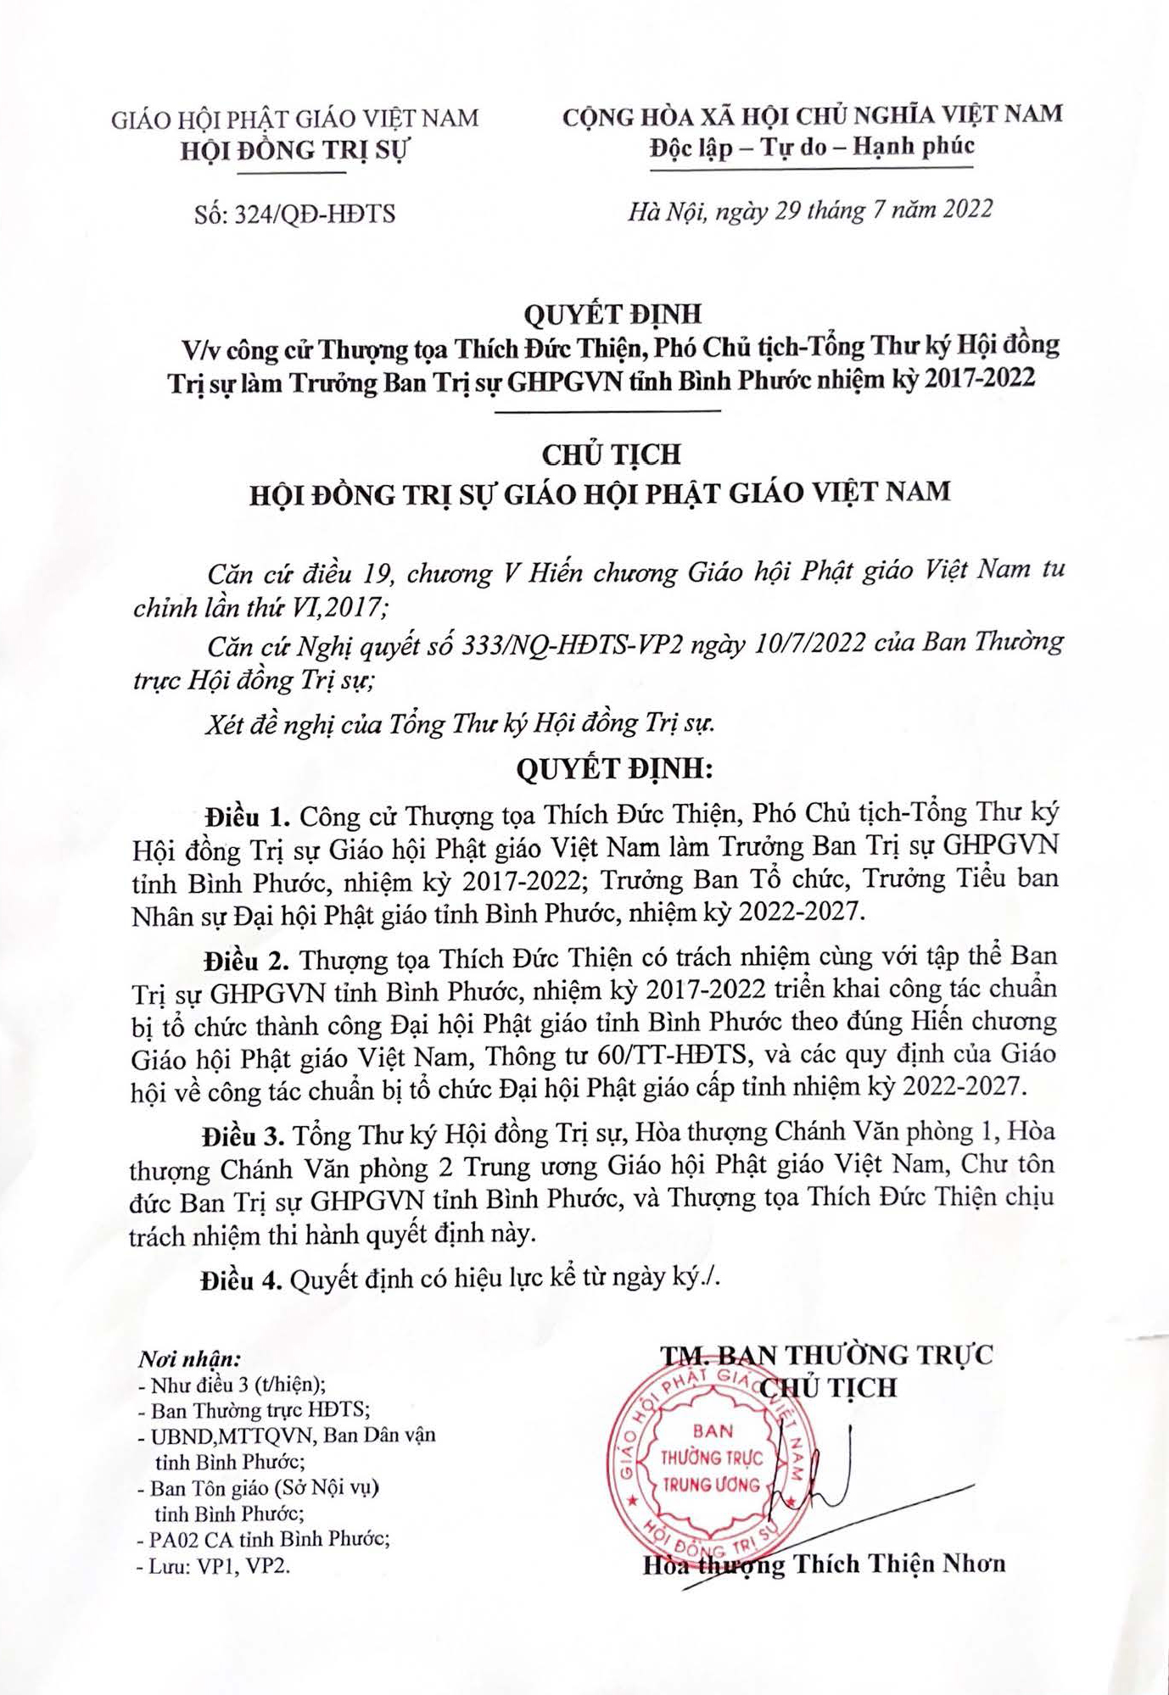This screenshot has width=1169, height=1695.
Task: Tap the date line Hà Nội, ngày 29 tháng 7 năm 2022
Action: point(810,210)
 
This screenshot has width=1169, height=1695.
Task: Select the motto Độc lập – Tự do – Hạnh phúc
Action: point(812,148)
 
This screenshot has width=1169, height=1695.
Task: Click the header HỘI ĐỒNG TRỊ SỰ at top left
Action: point(294,151)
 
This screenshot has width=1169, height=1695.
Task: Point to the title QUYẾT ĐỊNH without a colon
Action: point(612,315)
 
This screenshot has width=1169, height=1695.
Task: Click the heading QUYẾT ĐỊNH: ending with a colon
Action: point(615,769)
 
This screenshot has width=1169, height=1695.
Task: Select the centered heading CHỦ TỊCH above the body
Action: point(612,455)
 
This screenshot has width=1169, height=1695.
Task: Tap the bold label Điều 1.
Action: point(248,817)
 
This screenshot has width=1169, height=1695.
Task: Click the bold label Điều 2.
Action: point(246,961)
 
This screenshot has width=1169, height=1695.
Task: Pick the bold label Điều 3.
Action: point(243,1135)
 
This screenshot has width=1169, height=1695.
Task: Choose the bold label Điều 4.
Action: point(241,1280)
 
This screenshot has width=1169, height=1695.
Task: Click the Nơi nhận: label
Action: point(189,1359)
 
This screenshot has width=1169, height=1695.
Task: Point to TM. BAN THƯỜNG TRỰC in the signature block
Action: point(826,1355)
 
